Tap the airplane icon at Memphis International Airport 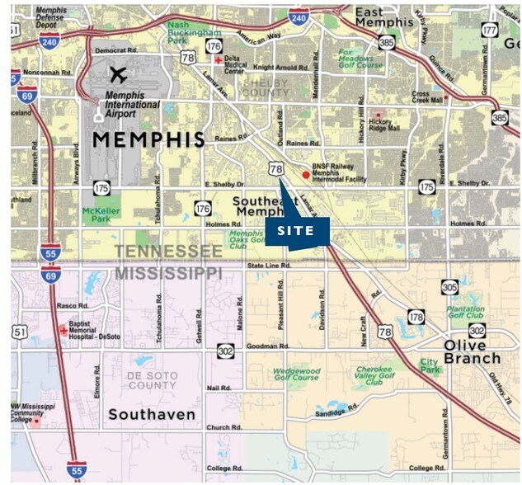coord(119,74)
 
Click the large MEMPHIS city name coord(148,139)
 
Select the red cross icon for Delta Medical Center coord(218,61)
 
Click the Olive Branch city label coord(472,351)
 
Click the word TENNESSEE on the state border coord(168,252)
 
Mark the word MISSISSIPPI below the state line coord(168,271)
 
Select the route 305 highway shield coord(449,287)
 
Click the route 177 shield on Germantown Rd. coord(490,31)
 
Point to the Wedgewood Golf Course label coord(294,374)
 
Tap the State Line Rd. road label coord(269,266)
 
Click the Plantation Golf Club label coord(465,311)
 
